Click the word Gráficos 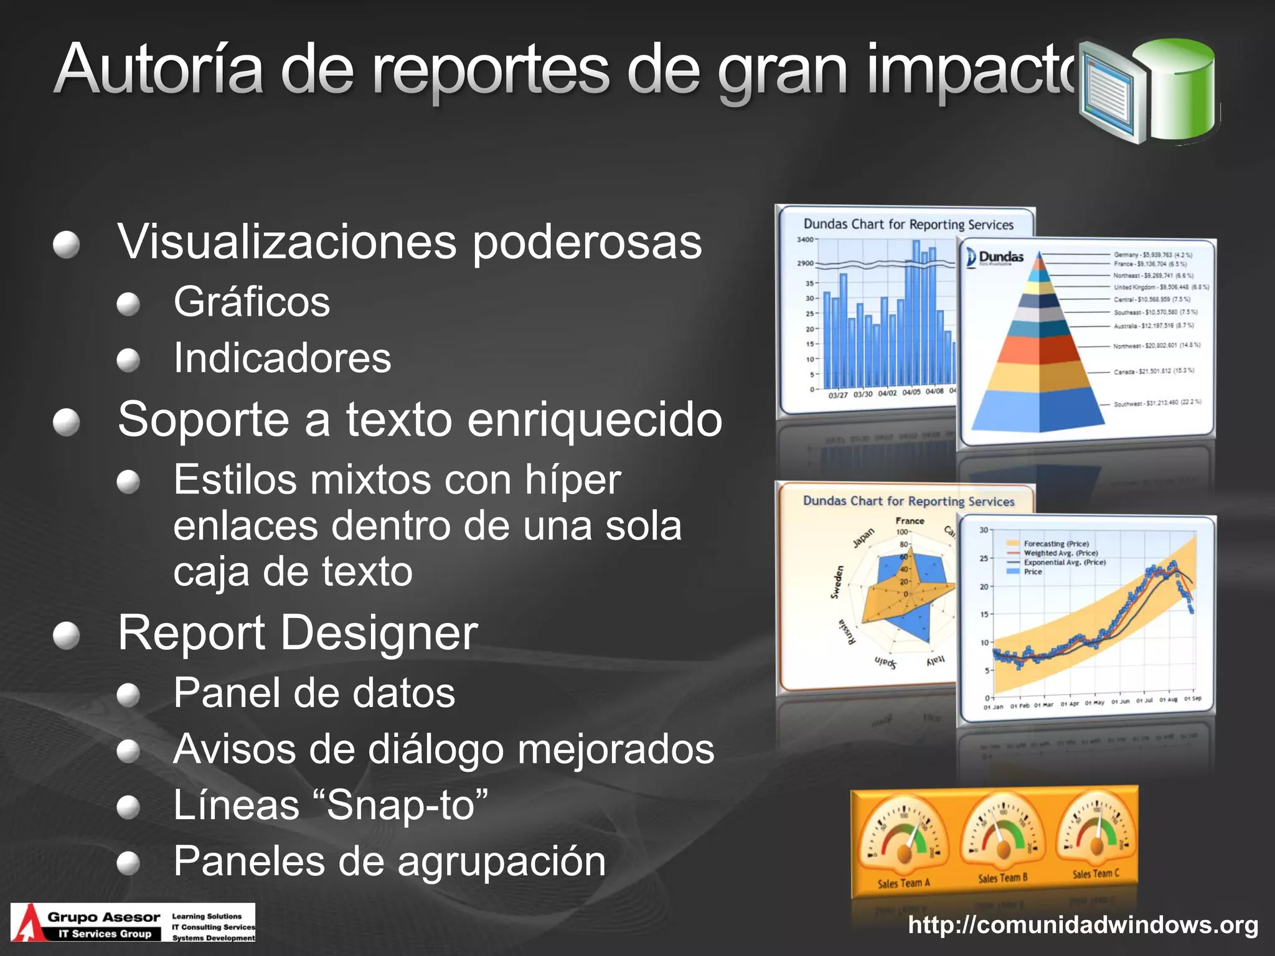[252, 302]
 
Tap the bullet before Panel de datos [128, 695]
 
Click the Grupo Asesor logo [133, 922]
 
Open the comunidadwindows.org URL [1083, 925]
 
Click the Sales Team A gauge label [903, 883]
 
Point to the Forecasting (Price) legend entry [1056, 543]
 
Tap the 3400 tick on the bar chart [805, 240]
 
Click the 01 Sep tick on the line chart [1192, 699]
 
